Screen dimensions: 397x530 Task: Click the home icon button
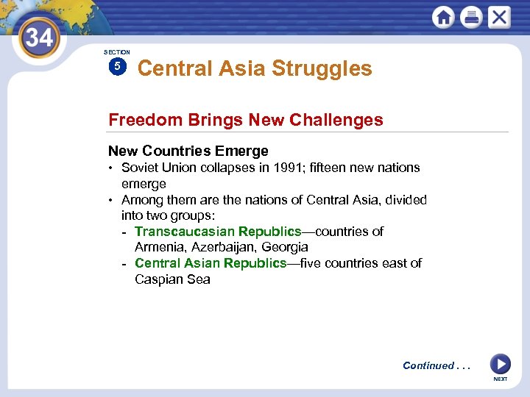[443, 17]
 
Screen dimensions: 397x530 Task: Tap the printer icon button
[471, 17]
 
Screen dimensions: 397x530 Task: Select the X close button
[499, 17]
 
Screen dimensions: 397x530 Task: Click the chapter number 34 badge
[39, 37]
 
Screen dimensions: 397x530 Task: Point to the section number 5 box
[116, 67]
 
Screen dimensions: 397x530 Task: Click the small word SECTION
[116, 52]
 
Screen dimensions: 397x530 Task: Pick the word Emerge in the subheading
[241, 151]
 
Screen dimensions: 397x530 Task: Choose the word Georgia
[285, 247]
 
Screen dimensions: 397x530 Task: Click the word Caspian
[159, 279]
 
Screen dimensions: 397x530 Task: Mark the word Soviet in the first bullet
[140, 168]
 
